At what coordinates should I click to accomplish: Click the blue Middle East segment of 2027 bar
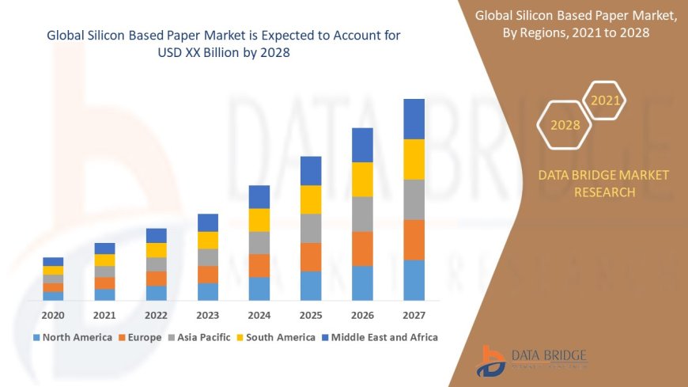[x=414, y=119]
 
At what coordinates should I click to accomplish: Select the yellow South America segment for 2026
[x=362, y=179]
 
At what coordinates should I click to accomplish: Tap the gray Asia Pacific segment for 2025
[x=311, y=228]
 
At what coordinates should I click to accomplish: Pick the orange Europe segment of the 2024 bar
[x=259, y=265]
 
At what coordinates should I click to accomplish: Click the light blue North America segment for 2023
[x=208, y=291]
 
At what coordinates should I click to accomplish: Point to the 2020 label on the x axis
[x=53, y=315]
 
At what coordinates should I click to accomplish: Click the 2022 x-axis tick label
[x=157, y=315]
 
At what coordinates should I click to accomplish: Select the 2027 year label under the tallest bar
[x=414, y=315]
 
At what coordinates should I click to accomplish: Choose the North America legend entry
[x=72, y=337]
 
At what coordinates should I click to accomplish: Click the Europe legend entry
[x=142, y=337]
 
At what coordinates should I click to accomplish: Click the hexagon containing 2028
[x=565, y=125]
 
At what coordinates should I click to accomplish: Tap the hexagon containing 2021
[x=606, y=101]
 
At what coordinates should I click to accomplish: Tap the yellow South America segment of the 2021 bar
[x=104, y=260]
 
